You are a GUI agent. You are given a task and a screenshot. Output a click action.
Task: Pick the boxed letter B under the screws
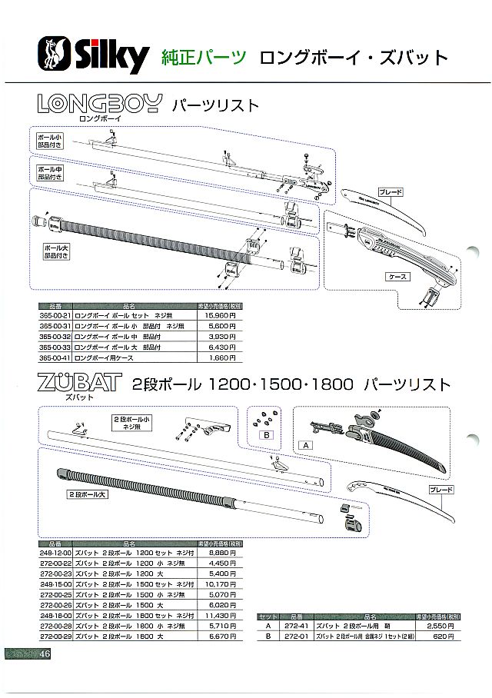(268, 435)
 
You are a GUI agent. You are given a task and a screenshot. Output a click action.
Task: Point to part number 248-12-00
(55, 551)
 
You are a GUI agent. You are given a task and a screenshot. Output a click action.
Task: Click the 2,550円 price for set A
(441, 627)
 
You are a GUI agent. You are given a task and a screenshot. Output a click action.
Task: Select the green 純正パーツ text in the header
(204, 56)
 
